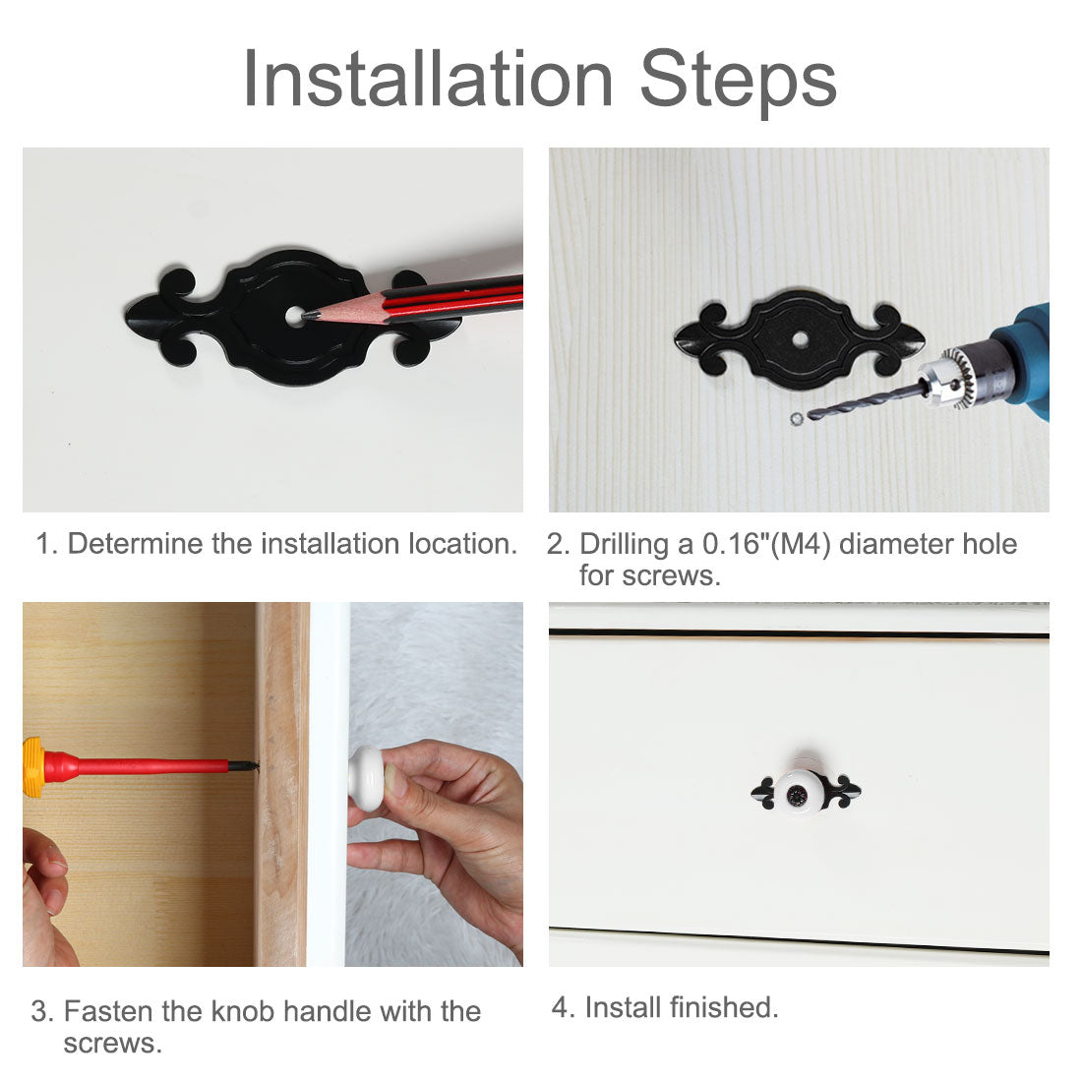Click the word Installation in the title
[428, 79]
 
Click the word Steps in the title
[739, 82]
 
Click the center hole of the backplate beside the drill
[801, 339]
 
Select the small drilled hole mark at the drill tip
[797, 418]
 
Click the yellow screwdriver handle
[33, 767]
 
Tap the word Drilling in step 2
[624, 545]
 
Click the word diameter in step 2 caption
[896, 545]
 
